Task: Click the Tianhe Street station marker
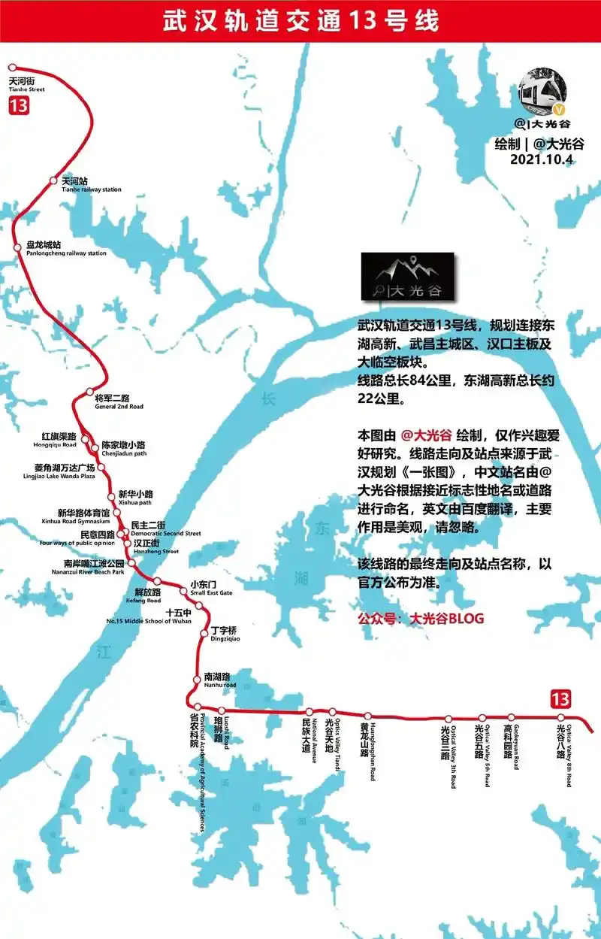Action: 11,68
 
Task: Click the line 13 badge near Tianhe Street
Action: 19,105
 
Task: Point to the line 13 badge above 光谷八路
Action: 560,698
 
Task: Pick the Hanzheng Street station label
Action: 156,547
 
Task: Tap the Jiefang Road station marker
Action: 157,581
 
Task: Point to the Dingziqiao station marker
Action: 204,634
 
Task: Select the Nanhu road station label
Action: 219,680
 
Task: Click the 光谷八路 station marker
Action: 560,717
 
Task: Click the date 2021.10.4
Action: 542,159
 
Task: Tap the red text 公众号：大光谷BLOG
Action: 421,619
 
